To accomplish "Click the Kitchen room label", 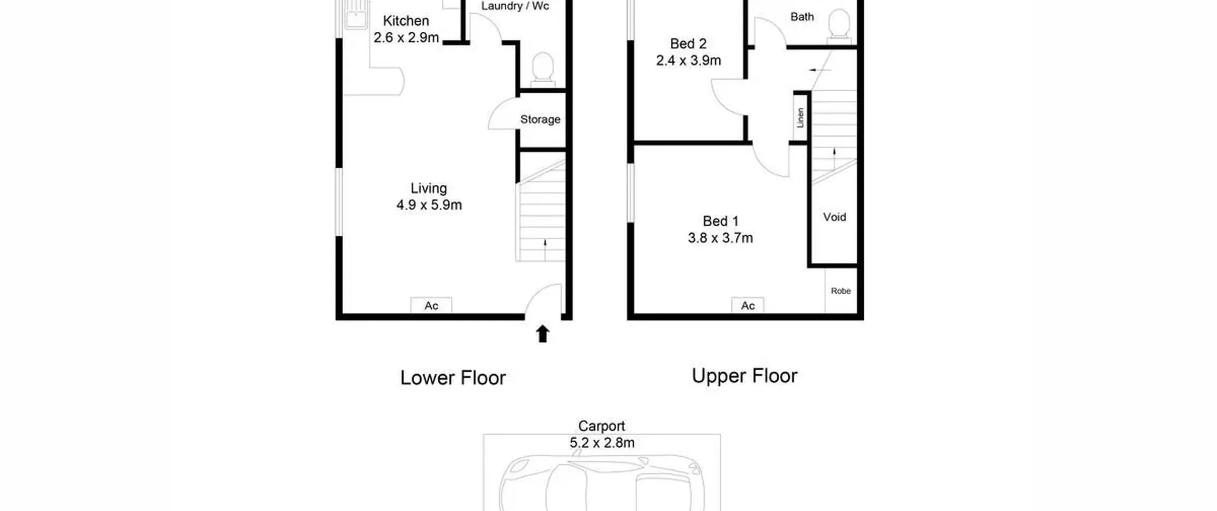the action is [406, 21].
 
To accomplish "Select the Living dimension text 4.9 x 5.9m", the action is [429, 205].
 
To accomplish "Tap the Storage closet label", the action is [540, 119].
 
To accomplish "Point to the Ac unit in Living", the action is [431, 305].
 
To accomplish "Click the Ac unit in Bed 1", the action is [748, 305].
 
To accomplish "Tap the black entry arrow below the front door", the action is [543, 334].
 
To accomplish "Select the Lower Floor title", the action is [453, 378].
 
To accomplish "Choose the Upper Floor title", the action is [744, 376].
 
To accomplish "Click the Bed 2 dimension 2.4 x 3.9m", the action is [688, 60].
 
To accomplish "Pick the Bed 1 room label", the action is [721, 221].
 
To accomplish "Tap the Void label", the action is [834, 217].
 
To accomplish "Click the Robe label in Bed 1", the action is [840, 291].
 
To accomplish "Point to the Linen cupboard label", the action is [801, 118].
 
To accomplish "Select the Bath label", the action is [802, 17].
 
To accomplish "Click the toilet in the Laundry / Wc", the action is [542, 69].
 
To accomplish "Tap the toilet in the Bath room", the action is [839, 27].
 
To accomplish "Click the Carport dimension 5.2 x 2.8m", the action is [602, 443].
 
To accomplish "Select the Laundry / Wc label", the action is [515, 6].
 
